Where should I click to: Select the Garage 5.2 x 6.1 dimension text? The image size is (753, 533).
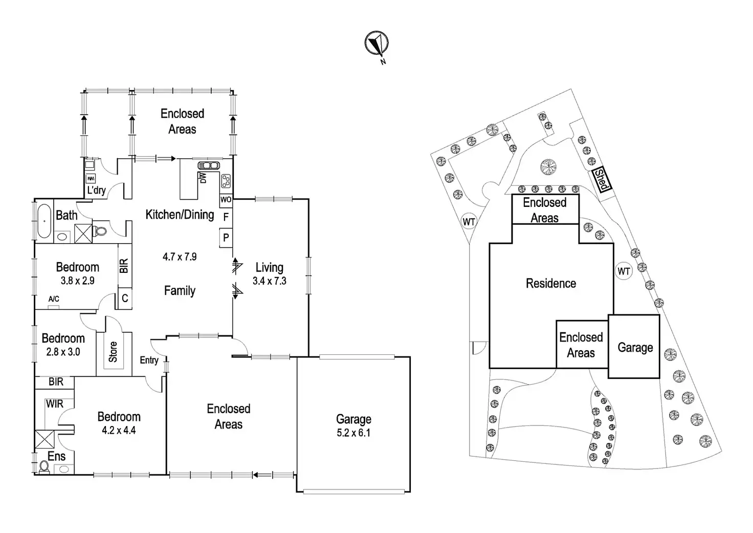click(353, 433)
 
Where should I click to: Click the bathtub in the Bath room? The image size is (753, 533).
click(43, 222)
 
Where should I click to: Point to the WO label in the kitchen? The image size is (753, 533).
click(226, 200)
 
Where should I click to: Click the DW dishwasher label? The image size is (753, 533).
click(203, 178)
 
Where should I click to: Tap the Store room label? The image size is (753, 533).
click(113, 351)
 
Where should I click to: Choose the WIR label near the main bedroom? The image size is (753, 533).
click(55, 404)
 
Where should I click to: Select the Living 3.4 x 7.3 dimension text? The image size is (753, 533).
click(269, 281)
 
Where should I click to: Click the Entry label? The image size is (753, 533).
click(149, 360)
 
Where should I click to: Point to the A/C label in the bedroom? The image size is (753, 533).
click(54, 299)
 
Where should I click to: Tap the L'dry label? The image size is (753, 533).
click(96, 190)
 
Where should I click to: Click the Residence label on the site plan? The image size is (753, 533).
click(551, 283)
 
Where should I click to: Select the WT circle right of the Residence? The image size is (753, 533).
click(624, 271)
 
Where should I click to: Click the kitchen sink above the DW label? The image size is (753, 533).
click(209, 165)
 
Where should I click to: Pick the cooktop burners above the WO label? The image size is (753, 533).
click(226, 181)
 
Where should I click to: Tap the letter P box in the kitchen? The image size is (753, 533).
click(226, 238)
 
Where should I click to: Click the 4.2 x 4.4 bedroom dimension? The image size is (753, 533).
click(119, 431)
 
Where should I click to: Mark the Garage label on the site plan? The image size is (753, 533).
click(635, 348)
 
